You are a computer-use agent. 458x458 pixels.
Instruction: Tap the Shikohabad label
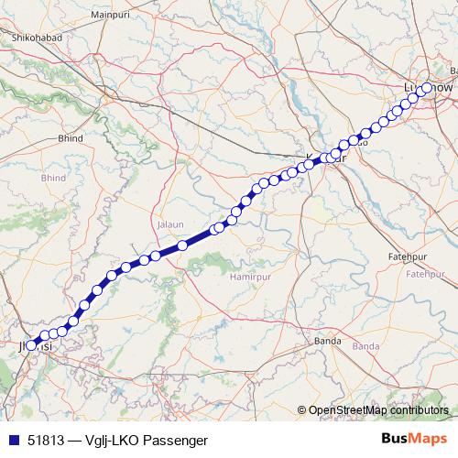tap(36, 38)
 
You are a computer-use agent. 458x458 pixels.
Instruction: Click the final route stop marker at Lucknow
tap(427, 88)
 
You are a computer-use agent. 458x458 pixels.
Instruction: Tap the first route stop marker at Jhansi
tap(31, 346)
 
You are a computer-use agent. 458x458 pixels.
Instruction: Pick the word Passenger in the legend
tap(175, 441)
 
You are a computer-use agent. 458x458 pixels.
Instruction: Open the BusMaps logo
tap(414, 440)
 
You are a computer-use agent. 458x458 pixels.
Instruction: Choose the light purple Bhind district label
tap(53, 177)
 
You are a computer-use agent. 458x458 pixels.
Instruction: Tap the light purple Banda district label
tap(365, 346)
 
